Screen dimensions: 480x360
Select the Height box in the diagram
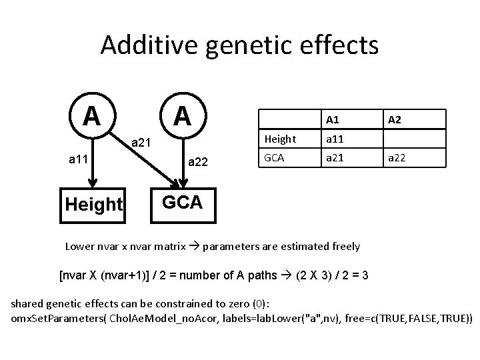(x=94, y=204)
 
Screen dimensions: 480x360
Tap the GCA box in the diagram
(x=181, y=202)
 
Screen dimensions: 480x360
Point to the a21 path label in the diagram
(x=141, y=142)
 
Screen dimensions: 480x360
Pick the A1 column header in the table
(x=333, y=119)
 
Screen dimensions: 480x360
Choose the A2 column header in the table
(x=394, y=119)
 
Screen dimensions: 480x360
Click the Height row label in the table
(x=280, y=139)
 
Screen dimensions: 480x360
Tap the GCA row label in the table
(x=275, y=159)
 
